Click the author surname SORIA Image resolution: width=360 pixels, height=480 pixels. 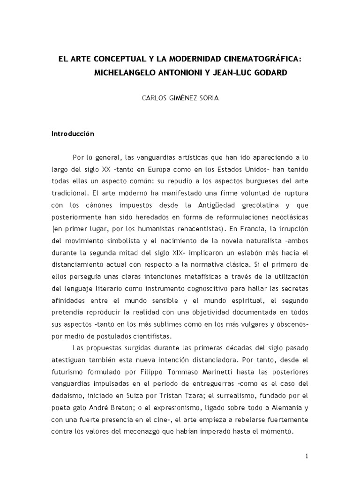coord(209,100)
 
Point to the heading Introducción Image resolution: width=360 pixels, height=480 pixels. coord(73,134)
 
